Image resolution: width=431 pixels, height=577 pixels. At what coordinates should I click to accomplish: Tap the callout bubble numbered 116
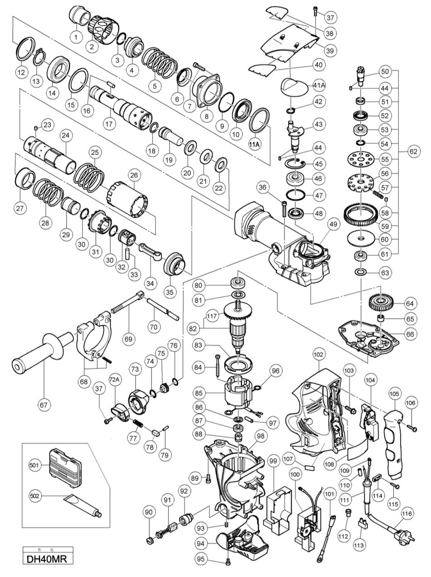coord(407,514)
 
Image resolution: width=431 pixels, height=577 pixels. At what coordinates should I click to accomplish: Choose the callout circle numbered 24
coord(66,135)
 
